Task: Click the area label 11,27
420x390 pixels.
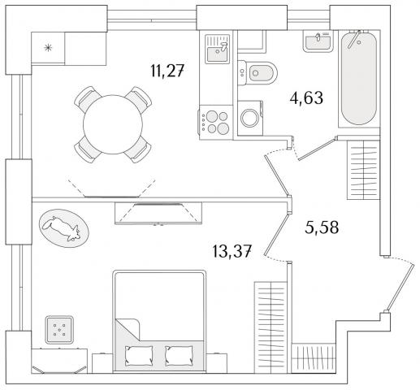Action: point(167,71)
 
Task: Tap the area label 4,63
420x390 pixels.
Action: point(306,97)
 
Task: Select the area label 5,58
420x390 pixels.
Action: point(322,227)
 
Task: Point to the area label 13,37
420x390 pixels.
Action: point(232,252)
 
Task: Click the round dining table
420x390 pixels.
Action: point(113,124)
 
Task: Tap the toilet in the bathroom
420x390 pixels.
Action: point(258,73)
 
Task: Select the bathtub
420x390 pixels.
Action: point(359,79)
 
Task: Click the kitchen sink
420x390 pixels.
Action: point(217,49)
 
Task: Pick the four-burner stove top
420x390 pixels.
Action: point(216,123)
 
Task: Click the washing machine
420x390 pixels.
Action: point(250,118)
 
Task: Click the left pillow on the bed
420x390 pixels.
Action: point(139,356)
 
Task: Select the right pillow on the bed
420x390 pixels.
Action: point(180,356)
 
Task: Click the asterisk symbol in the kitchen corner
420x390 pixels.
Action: point(48,48)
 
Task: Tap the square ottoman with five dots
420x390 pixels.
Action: point(59,330)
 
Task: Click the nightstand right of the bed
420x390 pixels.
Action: point(217,363)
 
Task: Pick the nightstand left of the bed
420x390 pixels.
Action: point(102,363)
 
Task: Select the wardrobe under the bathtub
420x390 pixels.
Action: point(363,170)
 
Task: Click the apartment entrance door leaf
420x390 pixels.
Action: point(401,288)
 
